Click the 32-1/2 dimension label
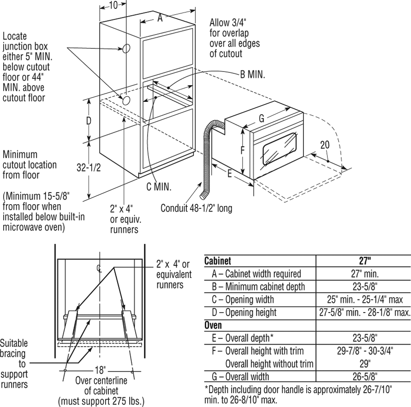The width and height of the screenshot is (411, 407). (x=89, y=169)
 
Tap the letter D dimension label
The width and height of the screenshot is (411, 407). (x=89, y=121)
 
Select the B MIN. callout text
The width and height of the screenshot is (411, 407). (x=252, y=74)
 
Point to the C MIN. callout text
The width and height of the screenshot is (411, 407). (x=158, y=187)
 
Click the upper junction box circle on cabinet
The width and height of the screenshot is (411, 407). (x=126, y=49)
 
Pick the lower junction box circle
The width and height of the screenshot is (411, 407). (x=125, y=100)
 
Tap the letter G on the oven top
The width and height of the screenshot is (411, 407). (x=262, y=118)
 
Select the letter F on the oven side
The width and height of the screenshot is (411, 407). (x=243, y=151)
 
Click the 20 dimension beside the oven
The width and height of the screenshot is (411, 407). (x=325, y=145)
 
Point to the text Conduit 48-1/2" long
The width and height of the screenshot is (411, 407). (x=196, y=208)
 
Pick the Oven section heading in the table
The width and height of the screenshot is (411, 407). (x=213, y=325)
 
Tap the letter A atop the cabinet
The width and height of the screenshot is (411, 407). (x=160, y=18)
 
